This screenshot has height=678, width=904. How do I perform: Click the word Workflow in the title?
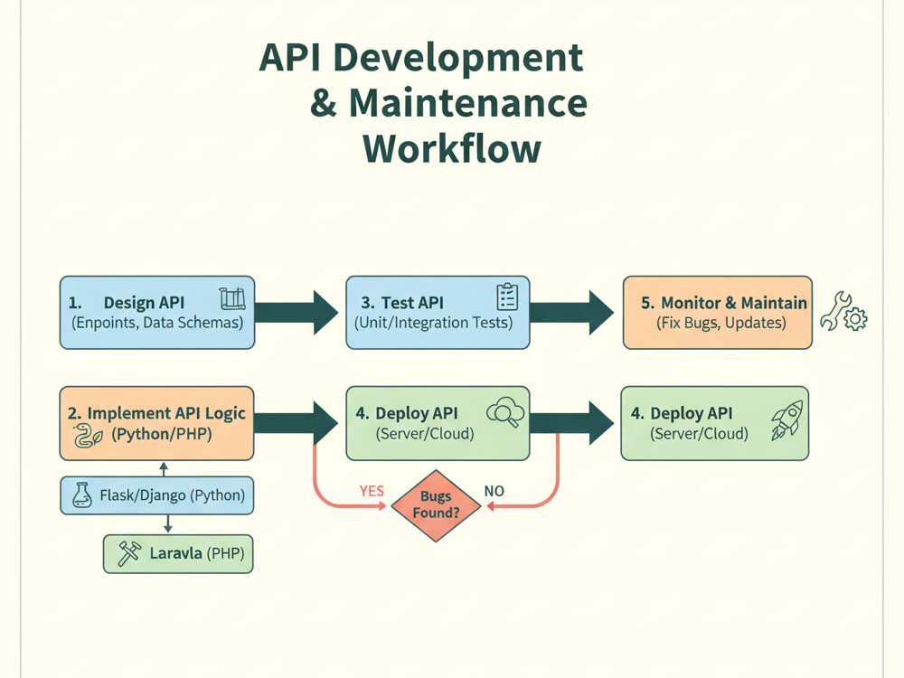point(451,149)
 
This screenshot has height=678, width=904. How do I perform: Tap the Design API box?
point(157,313)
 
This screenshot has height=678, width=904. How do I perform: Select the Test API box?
point(438,313)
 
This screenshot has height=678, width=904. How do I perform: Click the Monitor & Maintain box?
point(718,313)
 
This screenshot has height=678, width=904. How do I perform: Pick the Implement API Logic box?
point(156,423)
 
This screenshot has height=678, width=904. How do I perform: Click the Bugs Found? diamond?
point(436,505)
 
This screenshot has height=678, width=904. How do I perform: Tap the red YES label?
point(372,491)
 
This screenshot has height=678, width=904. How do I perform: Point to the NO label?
point(494,491)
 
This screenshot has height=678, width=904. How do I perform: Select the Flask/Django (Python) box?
point(156,495)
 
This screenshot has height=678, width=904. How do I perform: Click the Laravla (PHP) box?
point(178,553)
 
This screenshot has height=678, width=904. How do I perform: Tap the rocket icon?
point(787,420)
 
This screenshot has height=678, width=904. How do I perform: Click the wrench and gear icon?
point(843,312)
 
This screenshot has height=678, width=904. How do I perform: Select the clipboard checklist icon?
point(507,297)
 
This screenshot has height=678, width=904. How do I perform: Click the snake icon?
point(88,436)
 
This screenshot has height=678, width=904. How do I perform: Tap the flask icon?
point(82,494)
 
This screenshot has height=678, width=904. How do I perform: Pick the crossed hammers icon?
point(129,553)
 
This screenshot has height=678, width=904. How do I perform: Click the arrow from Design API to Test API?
point(297,313)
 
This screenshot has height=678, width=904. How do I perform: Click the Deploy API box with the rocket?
point(715,423)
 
